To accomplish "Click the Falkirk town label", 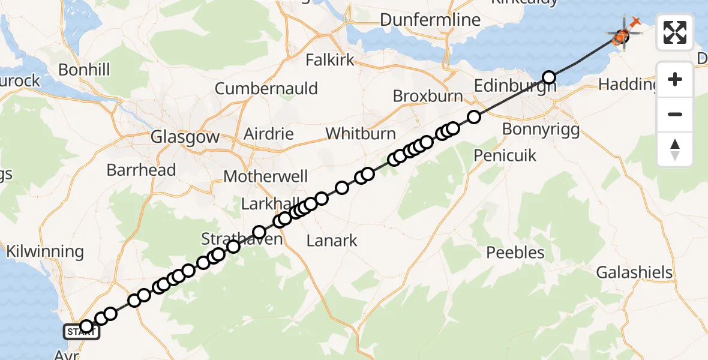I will [330, 61].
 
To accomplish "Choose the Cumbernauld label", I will [266, 89].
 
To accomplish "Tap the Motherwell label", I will [266, 177].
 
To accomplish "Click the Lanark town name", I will [332, 241].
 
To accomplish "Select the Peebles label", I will [515, 252].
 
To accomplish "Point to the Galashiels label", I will [634, 273].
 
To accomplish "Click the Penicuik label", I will [505, 155].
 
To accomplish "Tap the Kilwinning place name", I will [44, 251].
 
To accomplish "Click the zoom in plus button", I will [675, 79].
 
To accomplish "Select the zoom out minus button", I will [675, 114].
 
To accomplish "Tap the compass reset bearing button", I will [675, 149].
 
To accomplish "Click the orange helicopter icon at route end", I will [620, 37].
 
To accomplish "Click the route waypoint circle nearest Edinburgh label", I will [549, 77].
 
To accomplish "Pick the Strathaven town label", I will [241, 239].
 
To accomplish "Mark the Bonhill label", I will [84, 70].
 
